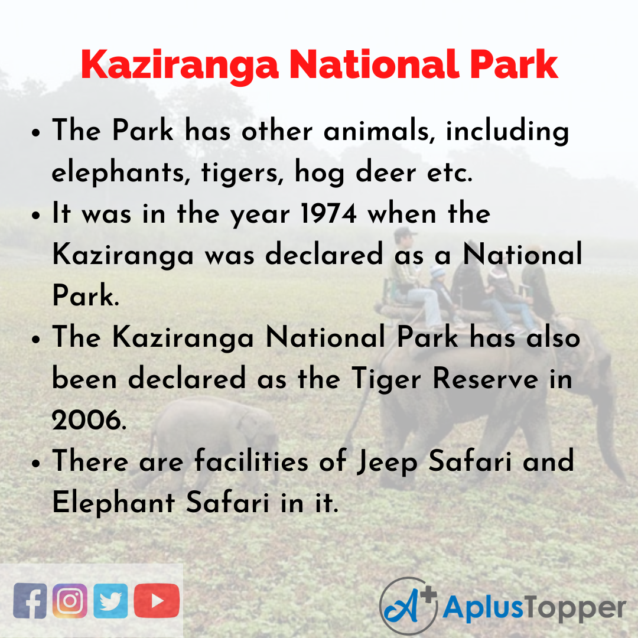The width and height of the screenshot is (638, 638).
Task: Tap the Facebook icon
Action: pyautogui.click(x=30, y=601)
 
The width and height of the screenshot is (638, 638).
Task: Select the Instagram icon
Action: pyautogui.click(x=70, y=601)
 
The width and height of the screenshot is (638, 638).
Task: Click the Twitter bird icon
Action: pyautogui.click(x=110, y=601)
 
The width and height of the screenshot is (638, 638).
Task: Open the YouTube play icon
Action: pyautogui.click(x=157, y=601)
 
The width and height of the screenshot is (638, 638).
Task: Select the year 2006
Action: pyautogui.click(x=88, y=421)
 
